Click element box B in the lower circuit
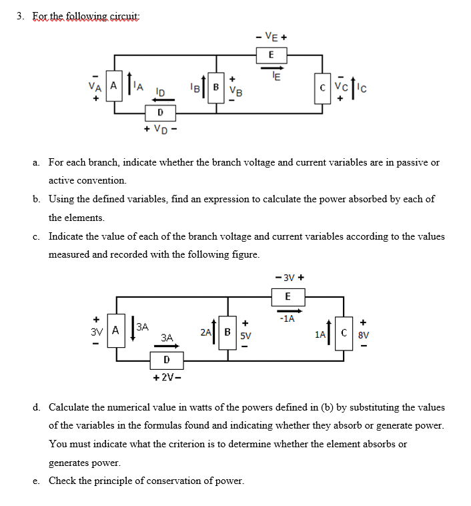coord(227,330)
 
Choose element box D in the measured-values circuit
coord(166,360)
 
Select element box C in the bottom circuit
coord(345,330)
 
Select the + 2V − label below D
coord(166,378)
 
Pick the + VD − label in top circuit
coord(159,130)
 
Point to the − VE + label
coord(272,37)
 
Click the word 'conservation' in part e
coord(170,480)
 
